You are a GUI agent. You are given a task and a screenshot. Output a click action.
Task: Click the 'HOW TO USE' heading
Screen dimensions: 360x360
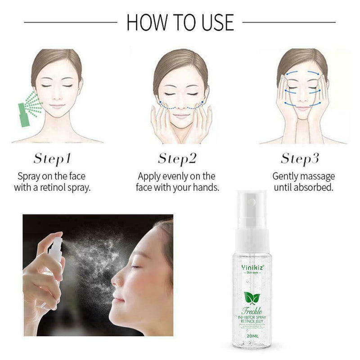tap(180, 22)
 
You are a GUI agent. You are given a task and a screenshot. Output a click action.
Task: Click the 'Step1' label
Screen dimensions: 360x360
tap(52, 158)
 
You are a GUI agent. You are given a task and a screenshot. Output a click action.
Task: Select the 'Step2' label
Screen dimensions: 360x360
tap(177, 158)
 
